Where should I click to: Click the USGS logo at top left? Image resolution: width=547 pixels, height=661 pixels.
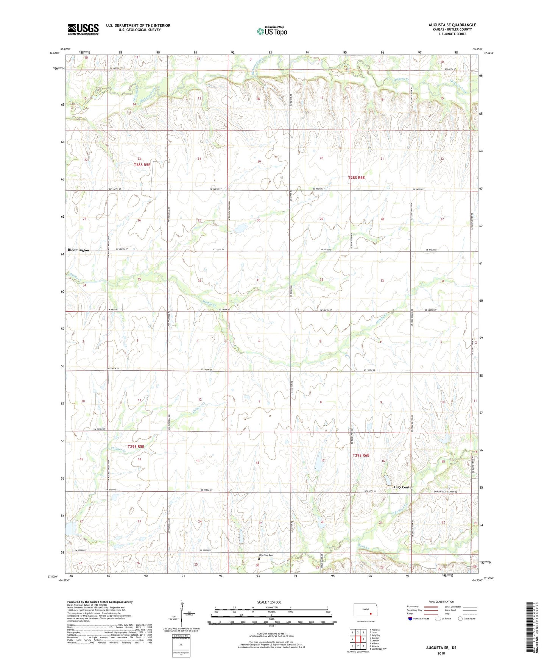tap(83, 29)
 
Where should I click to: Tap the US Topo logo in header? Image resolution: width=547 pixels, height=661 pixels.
tap(272, 31)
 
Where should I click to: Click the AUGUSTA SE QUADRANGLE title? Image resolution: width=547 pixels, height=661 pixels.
tap(452, 25)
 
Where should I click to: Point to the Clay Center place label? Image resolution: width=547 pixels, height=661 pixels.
tap(403, 487)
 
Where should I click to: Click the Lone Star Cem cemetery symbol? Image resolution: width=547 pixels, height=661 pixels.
tap(259, 558)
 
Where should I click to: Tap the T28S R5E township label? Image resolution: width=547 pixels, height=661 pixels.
tap(142, 165)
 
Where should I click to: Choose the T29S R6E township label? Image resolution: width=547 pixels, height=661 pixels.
tap(360, 455)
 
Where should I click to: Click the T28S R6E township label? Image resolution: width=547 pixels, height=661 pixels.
tap(356, 177)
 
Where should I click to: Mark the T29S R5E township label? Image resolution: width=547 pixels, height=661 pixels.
tap(136, 447)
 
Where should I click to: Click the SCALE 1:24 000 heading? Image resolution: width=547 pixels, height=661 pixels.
tap(269, 602)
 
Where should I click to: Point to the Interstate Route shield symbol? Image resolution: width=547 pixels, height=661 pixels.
tap(411, 619)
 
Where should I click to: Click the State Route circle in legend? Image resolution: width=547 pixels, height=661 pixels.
tap(460, 619)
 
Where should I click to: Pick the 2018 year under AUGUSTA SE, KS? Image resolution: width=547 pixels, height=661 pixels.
tap(441, 653)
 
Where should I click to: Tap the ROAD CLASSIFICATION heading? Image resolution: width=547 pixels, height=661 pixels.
tap(441, 602)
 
